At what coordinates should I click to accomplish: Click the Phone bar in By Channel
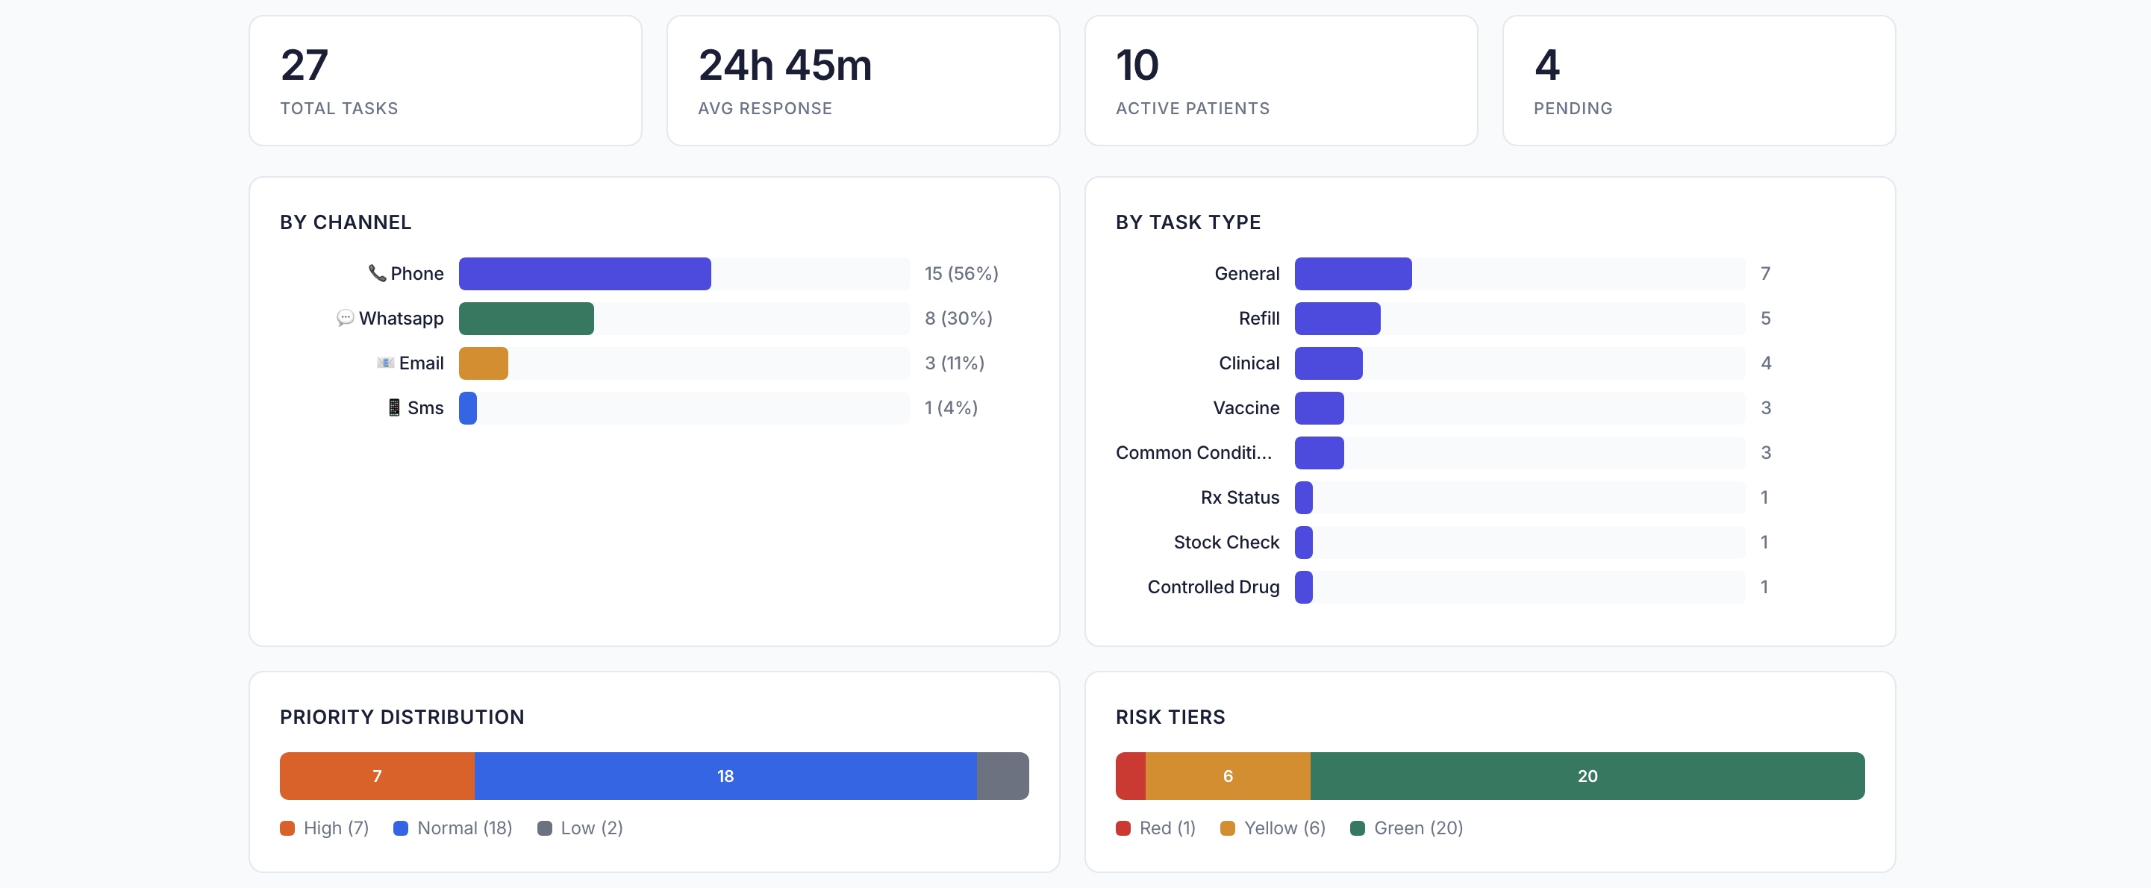click(584, 274)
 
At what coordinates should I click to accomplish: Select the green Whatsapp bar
click(526, 319)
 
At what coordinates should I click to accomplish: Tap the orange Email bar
click(484, 364)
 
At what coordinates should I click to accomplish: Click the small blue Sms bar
click(468, 408)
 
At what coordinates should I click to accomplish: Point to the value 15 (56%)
click(961, 274)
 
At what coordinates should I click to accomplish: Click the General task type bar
click(1352, 274)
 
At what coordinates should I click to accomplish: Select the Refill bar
click(1337, 319)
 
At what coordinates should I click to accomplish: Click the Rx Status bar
click(1303, 498)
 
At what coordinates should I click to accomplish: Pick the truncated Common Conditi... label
click(1193, 453)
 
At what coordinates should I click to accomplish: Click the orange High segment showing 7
click(378, 776)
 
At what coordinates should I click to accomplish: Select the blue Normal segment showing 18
click(725, 776)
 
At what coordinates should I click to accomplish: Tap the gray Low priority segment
click(1002, 776)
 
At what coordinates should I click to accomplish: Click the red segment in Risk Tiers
click(1131, 776)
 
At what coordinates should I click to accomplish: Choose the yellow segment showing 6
click(1228, 776)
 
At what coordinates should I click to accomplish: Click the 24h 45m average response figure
click(785, 65)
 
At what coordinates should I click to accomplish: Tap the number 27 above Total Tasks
click(305, 65)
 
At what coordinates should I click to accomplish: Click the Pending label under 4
click(1573, 108)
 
